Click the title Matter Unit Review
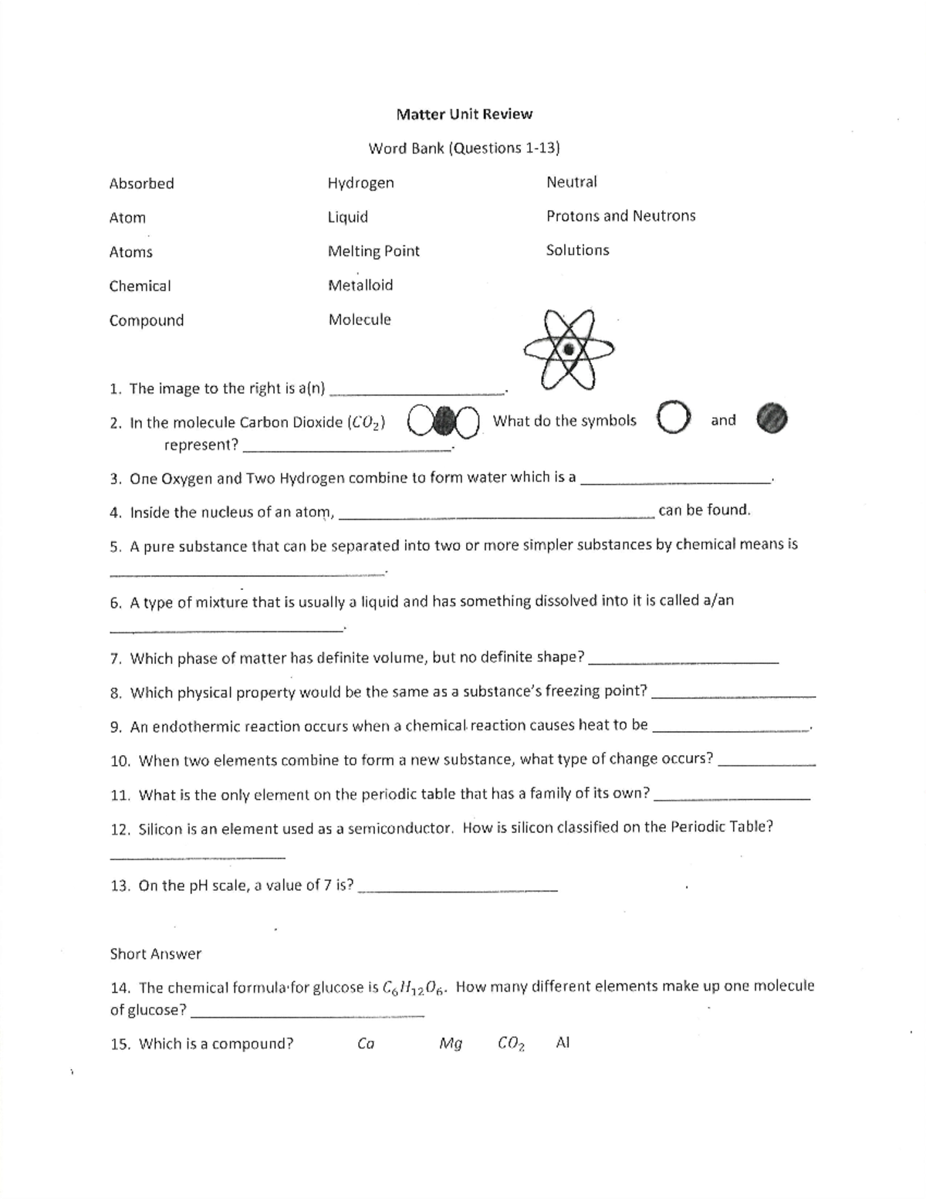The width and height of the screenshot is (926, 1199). click(x=464, y=114)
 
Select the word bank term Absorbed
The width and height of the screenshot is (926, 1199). click(x=141, y=184)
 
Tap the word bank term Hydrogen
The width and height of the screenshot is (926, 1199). click(x=360, y=183)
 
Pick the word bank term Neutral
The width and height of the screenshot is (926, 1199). click(x=571, y=182)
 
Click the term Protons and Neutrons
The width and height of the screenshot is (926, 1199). click(x=620, y=216)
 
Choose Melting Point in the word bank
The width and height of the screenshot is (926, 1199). click(x=373, y=251)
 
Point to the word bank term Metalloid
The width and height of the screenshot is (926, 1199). click(x=360, y=286)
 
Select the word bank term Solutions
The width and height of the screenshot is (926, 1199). click(x=577, y=250)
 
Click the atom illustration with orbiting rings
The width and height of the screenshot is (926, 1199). click(x=569, y=350)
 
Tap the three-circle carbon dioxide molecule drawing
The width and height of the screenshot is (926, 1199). click(x=442, y=422)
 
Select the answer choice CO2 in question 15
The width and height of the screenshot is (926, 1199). click(x=511, y=1045)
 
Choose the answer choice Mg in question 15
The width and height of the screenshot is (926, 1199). click(x=450, y=1045)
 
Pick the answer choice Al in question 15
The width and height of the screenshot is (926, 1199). click(x=563, y=1043)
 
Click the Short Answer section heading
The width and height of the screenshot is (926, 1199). click(x=155, y=954)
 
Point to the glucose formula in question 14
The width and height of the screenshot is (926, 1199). click(x=414, y=988)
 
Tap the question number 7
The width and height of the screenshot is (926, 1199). click(x=116, y=659)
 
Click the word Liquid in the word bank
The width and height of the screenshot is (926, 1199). click(x=347, y=217)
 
